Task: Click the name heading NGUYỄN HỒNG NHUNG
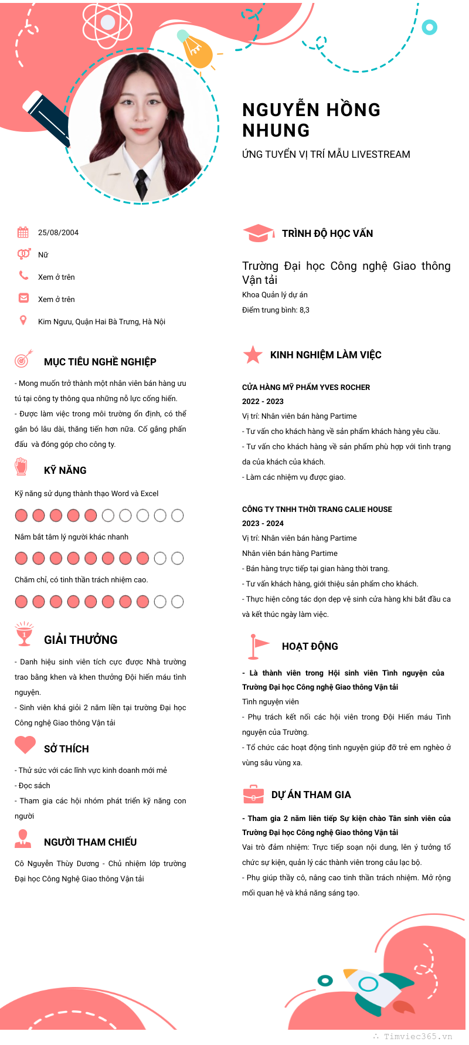311,120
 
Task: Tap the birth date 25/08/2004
58,233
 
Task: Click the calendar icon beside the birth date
23,232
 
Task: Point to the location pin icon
23,320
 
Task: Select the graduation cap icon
258,233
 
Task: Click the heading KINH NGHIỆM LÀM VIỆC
325,355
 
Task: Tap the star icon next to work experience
253,355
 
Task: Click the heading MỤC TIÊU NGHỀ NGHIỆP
100,362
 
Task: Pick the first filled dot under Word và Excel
21,515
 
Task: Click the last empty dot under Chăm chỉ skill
178,602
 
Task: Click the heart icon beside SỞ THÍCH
25,745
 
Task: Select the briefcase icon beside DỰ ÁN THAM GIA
253,795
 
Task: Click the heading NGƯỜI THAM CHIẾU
90,842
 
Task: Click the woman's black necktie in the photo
141,183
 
